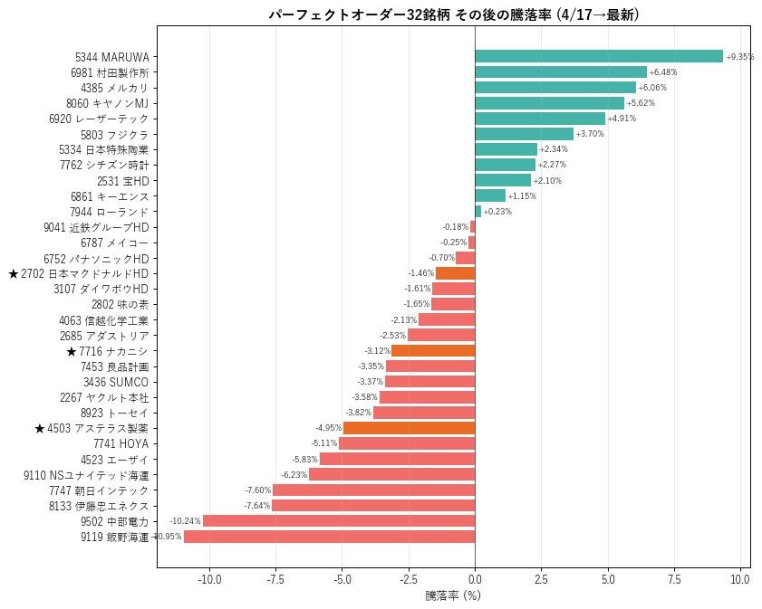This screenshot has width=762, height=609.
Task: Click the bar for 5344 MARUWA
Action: pyautogui.click(x=598, y=56)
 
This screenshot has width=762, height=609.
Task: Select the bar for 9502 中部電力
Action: pyautogui.click(x=339, y=520)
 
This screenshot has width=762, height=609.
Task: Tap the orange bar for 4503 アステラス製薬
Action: pyautogui.click(x=409, y=428)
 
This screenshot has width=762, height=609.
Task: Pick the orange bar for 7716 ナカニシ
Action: pyautogui.click(x=433, y=351)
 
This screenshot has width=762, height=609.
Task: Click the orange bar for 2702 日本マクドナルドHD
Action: pyautogui.click(x=455, y=273)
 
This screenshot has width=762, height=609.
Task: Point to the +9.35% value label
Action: pyautogui.click(x=739, y=57)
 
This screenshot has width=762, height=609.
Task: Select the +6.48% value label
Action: pyautogui.click(x=662, y=72)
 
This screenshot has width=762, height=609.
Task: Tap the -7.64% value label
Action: pyautogui.click(x=257, y=506)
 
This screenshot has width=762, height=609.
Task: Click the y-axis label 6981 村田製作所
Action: pyautogui.click(x=110, y=72)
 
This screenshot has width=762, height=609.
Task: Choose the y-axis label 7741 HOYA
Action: pyautogui.click(x=121, y=443)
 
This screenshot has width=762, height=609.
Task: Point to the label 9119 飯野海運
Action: pyautogui.click(x=115, y=537)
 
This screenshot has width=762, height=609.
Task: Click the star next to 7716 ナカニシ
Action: pyautogui.click(x=72, y=351)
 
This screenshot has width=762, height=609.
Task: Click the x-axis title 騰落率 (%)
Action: pyautogui.click(x=452, y=596)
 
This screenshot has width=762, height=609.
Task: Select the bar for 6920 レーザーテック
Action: pyautogui.click(x=539, y=119)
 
